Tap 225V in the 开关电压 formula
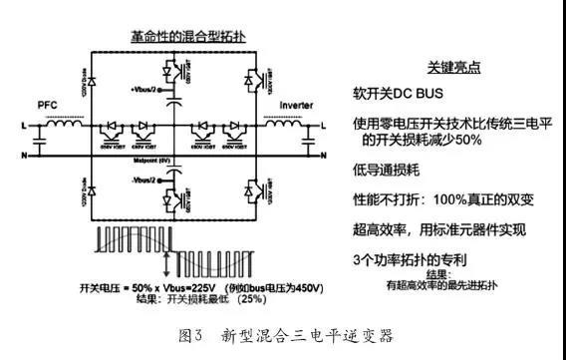[x=194, y=285]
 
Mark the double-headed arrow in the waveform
[x=151, y=255]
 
